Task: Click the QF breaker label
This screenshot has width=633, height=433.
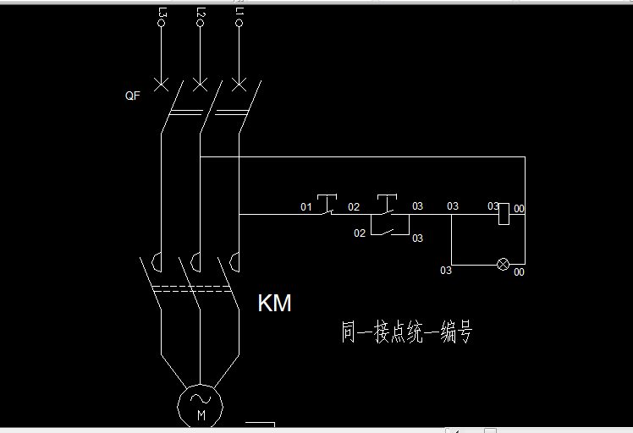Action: (x=132, y=96)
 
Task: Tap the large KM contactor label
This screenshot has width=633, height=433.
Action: (x=274, y=304)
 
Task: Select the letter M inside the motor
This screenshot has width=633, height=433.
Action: (x=201, y=415)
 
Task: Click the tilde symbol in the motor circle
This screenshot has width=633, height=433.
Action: (x=201, y=398)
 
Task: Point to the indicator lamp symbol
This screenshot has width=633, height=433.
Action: (x=503, y=265)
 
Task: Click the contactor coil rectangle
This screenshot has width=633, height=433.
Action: (x=504, y=214)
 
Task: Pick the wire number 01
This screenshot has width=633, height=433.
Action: (x=306, y=206)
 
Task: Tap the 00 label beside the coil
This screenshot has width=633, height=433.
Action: (x=519, y=208)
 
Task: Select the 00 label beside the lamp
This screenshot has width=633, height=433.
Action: (x=519, y=272)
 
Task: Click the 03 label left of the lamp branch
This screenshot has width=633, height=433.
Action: (x=445, y=271)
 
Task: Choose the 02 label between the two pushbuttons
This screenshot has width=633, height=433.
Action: (x=354, y=206)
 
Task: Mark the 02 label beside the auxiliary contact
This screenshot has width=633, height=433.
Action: (x=360, y=233)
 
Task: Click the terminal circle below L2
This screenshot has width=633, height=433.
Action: (x=201, y=24)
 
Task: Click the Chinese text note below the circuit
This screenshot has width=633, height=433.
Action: (x=406, y=332)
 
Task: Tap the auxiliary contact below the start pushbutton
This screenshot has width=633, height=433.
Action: (x=388, y=228)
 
